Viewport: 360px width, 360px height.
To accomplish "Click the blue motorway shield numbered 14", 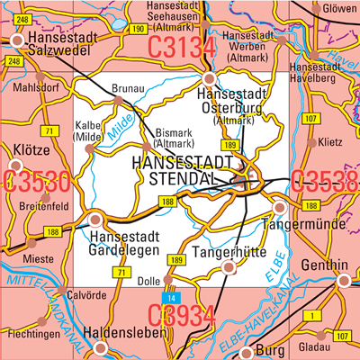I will (171, 296).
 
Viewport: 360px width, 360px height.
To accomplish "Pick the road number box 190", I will (138, 30).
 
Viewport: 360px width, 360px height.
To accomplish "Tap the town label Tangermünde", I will (309, 222).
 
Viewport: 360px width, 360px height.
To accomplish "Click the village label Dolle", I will (148, 281).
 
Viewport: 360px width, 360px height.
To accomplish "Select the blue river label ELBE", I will (276, 268).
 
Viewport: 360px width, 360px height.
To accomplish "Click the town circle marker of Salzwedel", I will (18, 40).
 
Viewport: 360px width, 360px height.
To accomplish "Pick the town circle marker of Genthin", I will (342, 282).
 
